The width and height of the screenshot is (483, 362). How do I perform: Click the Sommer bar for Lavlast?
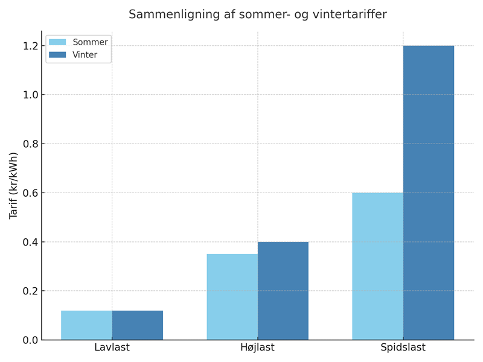(86, 325)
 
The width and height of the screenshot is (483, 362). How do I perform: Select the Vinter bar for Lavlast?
(137, 325)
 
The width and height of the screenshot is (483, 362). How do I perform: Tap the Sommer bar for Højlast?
(232, 297)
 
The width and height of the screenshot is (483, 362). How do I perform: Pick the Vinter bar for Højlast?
(283, 291)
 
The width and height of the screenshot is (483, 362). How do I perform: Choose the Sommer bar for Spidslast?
(377, 266)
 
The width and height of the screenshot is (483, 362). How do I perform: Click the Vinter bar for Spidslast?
(428, 192)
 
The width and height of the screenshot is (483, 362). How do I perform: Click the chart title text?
(257, 14)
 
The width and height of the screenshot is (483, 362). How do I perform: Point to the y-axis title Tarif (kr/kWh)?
(13, 185)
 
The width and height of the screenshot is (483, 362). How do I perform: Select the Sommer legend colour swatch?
(57, 42)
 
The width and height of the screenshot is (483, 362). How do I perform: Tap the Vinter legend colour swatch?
(57, 55)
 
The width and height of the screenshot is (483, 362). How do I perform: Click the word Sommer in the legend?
(90, 42)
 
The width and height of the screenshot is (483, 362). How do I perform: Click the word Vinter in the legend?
(85, 55)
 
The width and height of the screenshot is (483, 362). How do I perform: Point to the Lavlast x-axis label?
(112, 348)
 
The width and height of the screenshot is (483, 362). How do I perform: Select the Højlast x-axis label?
(257, 348)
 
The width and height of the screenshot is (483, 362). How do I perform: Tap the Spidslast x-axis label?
(403, 348)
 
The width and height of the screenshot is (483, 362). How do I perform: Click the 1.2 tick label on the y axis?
(30, 46)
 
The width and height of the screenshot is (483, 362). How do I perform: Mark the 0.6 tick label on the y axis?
(30, 193)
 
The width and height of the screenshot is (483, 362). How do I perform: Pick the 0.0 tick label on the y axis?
(30, 340)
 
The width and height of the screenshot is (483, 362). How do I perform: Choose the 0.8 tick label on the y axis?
(30, 144)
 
